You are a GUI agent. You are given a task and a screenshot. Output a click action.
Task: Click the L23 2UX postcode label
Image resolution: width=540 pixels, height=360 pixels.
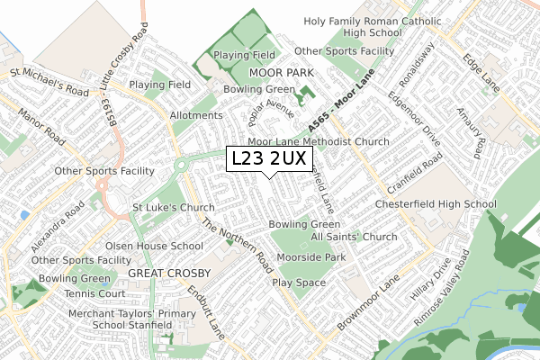click(x=269, y=159)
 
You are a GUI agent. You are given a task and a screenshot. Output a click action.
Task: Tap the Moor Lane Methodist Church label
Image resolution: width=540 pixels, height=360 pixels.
click(x=319, y=142)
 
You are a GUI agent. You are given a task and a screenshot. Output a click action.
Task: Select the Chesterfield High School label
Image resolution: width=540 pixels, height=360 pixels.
click(x=443, y=204)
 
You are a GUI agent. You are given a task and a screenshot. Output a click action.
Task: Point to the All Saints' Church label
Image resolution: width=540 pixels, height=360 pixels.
click(x=354, y=238)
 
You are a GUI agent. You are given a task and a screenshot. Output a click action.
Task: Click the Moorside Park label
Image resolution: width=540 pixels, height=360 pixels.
click(x=311, y=257)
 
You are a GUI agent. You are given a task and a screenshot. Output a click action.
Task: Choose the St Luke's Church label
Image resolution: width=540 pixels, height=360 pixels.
click(x=174, y=208)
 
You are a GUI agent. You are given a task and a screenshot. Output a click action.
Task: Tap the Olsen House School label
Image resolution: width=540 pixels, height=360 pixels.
click(x=179, y=246)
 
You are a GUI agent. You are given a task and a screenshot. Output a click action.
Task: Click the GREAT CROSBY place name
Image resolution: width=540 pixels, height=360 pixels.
click(x=169, y=272)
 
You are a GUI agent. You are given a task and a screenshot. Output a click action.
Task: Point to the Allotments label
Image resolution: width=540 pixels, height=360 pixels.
click(x=195, y=116)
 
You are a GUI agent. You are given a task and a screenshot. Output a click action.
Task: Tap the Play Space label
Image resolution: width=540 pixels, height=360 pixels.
click(x=299, y=283)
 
